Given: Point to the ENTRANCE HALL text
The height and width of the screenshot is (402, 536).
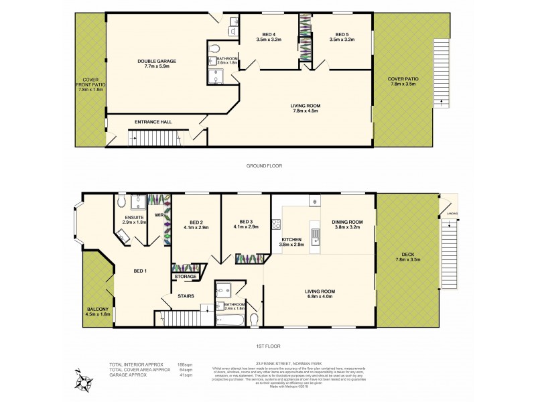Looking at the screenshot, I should click(x=153, y=122).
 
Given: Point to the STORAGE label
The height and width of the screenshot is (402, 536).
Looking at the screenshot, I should click(x=186, y=276).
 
